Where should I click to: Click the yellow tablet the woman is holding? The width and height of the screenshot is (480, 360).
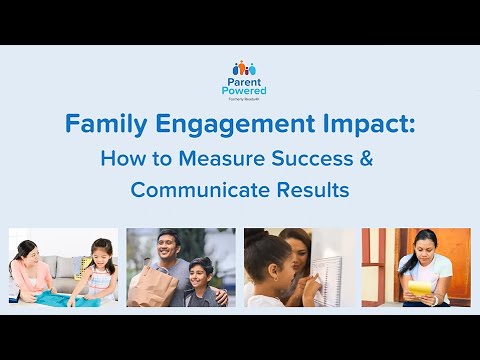click(x=420, y=286)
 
